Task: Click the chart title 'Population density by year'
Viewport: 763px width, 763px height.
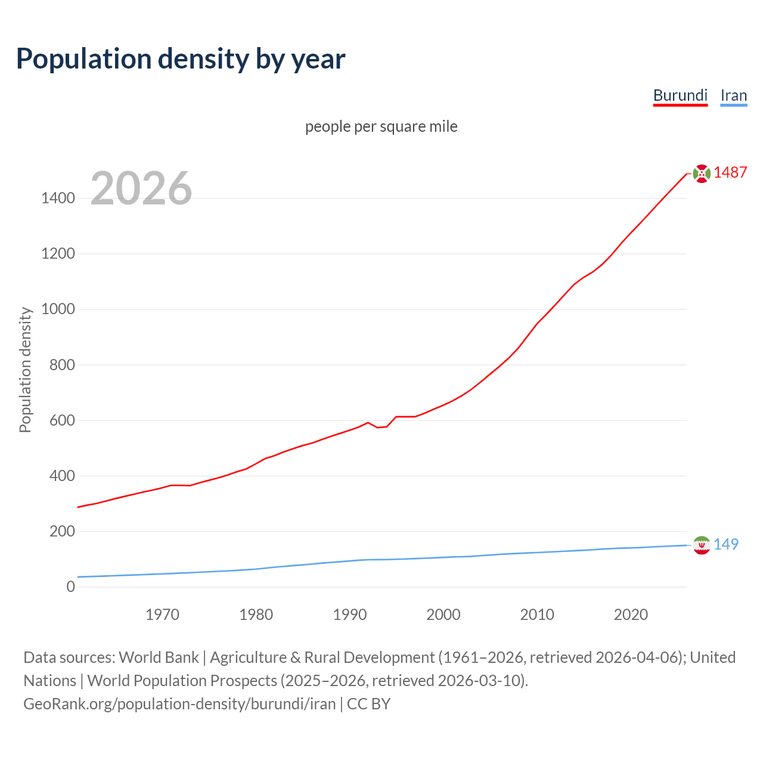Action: pos(181,59)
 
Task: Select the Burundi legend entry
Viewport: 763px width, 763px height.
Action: pos(680,95)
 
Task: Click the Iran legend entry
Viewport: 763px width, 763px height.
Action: pos(733,95)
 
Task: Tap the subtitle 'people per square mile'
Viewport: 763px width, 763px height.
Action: pos(381,127)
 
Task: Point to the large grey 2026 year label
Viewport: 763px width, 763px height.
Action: pos(141,188)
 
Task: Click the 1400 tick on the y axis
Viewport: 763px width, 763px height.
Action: pos(58,198)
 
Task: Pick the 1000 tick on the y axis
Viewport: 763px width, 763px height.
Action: pos(58,309)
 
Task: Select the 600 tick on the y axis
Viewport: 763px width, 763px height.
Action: pos(62,420)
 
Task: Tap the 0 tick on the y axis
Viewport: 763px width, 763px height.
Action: pos(71,587)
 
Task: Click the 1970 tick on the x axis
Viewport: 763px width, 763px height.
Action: pos(162,615)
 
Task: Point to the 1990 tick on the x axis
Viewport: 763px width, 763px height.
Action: pos(350,615)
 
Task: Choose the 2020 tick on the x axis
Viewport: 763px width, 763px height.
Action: pos(631,615)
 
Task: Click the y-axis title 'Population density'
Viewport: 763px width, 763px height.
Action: pos(25,370)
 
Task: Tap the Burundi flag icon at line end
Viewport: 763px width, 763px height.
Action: pos(702,173)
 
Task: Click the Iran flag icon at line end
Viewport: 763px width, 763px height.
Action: pos(702,545)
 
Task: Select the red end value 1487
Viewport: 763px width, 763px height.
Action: pos(730,173)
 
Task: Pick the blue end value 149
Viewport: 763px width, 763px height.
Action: pos(726,544)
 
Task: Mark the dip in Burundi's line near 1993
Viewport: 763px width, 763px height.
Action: pos(378,427)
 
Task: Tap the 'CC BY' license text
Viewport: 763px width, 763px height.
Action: pos(368,704)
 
